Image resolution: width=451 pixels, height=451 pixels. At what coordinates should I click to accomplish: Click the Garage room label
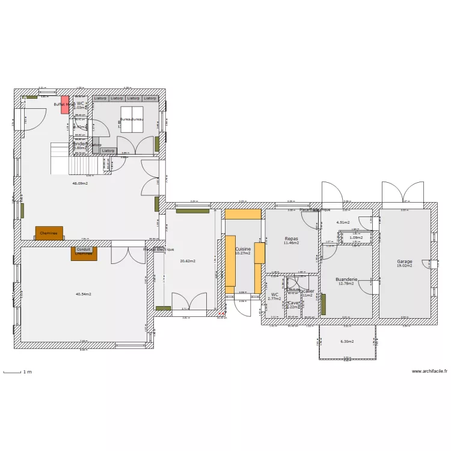pyautogui.click(x=405, y=262)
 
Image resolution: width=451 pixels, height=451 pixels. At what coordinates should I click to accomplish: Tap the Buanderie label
pyautogui.click(x=346, y=280)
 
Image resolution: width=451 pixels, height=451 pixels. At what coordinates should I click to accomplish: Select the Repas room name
pyautogui.click(x=291, y=239)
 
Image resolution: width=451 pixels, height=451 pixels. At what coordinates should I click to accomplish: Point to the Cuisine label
pyautogui.click(x=243, y=248)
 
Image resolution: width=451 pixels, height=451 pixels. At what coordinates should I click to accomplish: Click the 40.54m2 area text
pyautogui.click(x=84, y=294)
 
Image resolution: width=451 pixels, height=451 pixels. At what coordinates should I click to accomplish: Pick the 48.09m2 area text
pyautogui.click(x=80, y=183)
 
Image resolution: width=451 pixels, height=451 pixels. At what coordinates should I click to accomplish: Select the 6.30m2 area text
pyautogui.click(x=347, y=342)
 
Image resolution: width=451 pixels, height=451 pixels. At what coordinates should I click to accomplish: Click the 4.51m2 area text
pyautogui.click(x=343, y=222)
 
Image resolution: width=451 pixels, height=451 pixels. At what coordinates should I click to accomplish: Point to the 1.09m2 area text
pyautogui.click(x=357, y=238)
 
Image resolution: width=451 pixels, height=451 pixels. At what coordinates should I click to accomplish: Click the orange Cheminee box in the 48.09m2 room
pyautogui.click(x=49, y=233)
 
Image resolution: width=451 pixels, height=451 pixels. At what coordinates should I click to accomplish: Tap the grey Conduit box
pyautogui.click(x=84, y=250)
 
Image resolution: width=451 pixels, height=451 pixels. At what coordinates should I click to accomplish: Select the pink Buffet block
pyautogui.click(x=65, y=104)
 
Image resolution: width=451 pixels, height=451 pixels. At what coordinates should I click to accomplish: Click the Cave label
pyautogui.click(x=293, y=302)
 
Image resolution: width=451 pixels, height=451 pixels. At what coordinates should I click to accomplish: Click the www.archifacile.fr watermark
pyautogui.click(x=429, y=371)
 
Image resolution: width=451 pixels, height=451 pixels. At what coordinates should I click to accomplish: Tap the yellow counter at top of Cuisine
pyautogui.click(x=243, y=213)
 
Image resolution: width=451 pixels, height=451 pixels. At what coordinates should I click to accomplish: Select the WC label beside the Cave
pyautogui.click(x=274, y=295)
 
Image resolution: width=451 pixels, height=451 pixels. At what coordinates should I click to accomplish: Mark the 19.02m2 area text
pyautogui.click(x=405, y=266)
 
